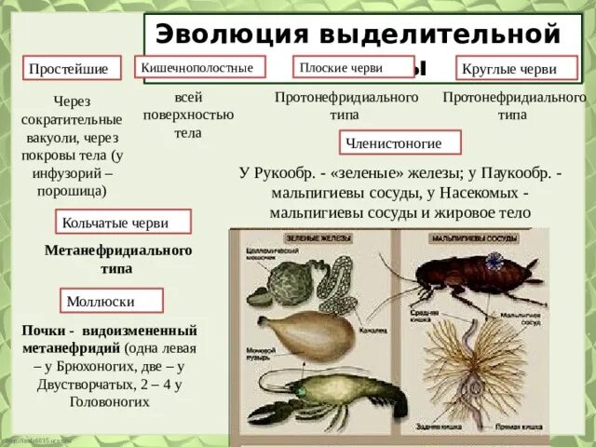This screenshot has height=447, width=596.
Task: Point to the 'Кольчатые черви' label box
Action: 124,223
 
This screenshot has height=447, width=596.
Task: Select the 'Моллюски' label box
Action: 113,301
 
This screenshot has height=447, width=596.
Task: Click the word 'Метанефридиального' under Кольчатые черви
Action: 118,251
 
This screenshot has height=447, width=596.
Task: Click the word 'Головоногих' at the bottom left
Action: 109,403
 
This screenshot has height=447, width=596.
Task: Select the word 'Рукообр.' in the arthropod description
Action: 290,174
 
